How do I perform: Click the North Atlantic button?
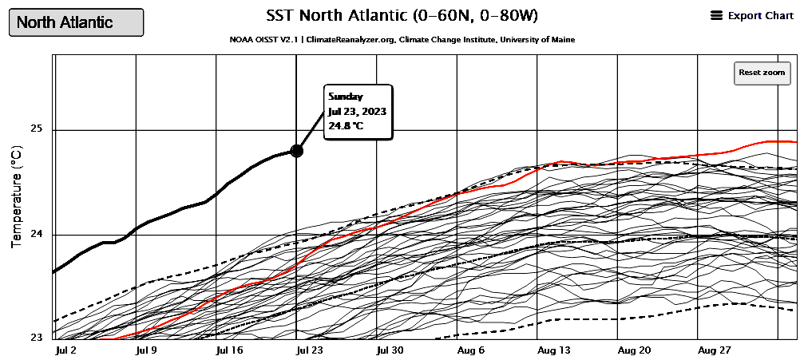76,22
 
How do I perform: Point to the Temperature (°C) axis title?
16,196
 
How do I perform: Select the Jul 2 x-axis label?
65,350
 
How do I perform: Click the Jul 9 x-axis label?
149,350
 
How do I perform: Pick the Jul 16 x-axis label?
230,350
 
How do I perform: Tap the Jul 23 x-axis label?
308,350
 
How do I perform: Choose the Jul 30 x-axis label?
390,350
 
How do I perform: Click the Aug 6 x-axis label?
471,350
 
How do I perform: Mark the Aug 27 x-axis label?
715,350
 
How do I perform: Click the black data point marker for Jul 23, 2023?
296,150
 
